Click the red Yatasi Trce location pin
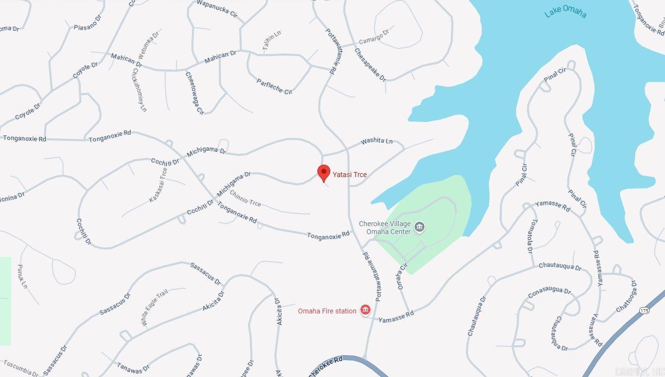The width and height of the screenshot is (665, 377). pyautogui.click(x=324, y=173)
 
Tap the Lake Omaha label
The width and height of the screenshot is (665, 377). pyautogui.click(x=565, y=12)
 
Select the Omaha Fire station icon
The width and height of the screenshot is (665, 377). pyautogui.click(x=365, y=311)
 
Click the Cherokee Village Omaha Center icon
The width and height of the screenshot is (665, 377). pyautogui.click(x=420, y=227)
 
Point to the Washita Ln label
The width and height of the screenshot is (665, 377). pyautogui.click(x=376, y=141)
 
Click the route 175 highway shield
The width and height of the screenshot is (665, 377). pyautogui.click(x=644, y=310)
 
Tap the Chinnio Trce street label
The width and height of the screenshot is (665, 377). pyautogui.click(x=245, y=198)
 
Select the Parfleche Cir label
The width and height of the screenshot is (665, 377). pyautogui.click(x=274, y=86)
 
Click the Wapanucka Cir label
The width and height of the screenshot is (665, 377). pyautogui.click(x=217, y=8)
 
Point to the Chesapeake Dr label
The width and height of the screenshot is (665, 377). pyautogui.click(x=370, y=64)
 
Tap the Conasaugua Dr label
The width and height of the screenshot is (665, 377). pyautogui.click(x=549, y=293)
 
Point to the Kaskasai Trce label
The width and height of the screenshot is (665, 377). pyautogui.click(x=158, y=185)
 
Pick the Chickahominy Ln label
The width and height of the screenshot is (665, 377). pyautogui.click(x=139, y=89)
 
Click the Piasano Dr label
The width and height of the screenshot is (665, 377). pyautogui.click(x=87, y=22)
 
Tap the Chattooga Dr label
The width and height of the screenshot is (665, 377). pyautogui.click(x=626, y=297)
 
